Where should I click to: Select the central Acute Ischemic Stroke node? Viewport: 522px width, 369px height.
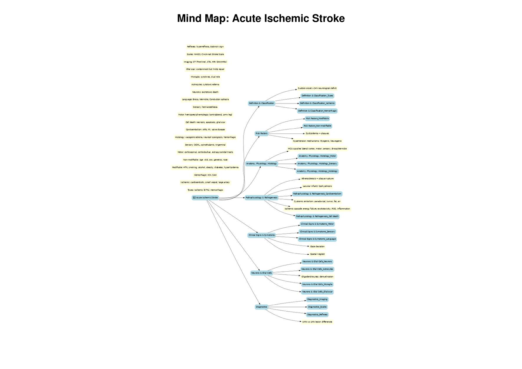(x=205, y=197)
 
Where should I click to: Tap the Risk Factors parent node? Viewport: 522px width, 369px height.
(x=261, y=133)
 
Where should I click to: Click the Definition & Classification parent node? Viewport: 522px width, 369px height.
(x=261, y=103)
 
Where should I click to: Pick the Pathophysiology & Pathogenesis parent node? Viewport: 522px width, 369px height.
(x=261, y=197)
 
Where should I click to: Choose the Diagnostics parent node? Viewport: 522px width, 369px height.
(x=261, y=307)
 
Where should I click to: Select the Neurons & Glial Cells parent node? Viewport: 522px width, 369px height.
(x=261, y=273)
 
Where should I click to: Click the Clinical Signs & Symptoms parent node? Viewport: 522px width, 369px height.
(x=261, y=235)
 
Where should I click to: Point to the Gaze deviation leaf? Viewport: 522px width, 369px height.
(x=317, y=246)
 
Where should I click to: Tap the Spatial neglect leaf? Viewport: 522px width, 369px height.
(x=317, y=254)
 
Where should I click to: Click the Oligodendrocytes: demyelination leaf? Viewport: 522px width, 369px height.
(x=317, y=276)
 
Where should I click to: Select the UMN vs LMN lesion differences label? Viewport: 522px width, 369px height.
(x=317, y=322)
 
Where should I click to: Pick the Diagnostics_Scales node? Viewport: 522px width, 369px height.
(x=317, y=307)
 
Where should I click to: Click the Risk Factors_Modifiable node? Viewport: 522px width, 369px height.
(x=317, y=118)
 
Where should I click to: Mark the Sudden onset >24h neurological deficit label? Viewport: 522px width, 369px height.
(x=317, y=88)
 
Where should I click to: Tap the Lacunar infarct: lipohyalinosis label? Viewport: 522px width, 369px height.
(x=317, y=186)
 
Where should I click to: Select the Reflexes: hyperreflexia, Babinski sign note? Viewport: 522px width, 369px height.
(x=205, y=47)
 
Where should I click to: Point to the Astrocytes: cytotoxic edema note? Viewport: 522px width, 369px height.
(x=205, y=84)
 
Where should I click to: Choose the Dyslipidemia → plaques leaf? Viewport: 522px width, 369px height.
(x=317, y=133)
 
